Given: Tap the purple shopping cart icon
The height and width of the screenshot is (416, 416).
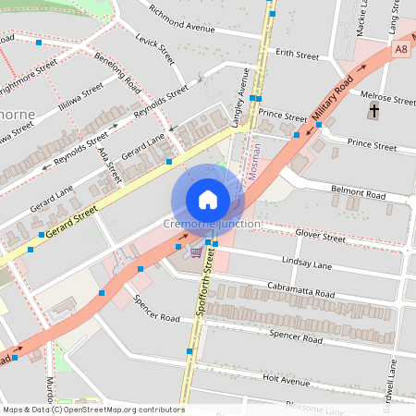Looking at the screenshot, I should point(195,251).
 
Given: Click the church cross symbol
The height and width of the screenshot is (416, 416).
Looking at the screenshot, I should point(373,112).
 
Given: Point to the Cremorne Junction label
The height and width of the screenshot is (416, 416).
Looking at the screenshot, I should point(212,225).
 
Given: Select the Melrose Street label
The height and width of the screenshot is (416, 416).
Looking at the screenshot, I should point(388,98).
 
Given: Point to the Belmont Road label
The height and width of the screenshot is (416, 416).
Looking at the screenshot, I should point(358,196).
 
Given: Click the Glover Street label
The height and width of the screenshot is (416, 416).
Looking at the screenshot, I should point(321,238).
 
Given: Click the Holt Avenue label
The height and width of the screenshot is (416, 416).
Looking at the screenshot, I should point(286,379).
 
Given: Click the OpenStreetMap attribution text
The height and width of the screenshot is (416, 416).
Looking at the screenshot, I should point(92,410).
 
